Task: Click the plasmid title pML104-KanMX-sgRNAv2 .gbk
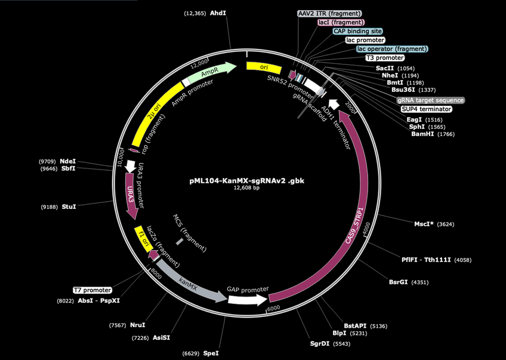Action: click(x=247, y=180)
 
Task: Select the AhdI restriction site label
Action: click(x=218, y=13)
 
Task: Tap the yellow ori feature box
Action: click(x=264, y=67)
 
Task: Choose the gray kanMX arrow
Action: click(x=190, y=285)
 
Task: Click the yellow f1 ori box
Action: click(x=143, y=239)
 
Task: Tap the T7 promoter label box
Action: click(x=92, y=290)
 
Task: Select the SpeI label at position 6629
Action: click(x=211, y=353)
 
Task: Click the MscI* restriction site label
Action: click(x=424, y=224)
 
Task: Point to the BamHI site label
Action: click(x=422, y=134)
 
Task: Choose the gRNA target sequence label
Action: click(x=431, y=100)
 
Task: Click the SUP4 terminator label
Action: click(x=426, y=109)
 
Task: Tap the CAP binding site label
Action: click(x=358, y=31)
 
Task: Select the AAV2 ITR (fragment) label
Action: click(x=329, y=14)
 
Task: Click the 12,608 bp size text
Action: click(x=246, y=187)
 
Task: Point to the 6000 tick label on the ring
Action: click(x=274, y=308)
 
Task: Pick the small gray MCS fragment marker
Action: click(x=180, y=242)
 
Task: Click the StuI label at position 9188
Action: click(x=69, y=207)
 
